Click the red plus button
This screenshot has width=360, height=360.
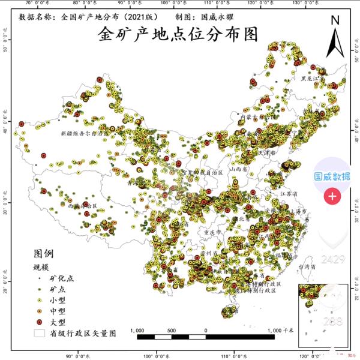click(332, 196)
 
